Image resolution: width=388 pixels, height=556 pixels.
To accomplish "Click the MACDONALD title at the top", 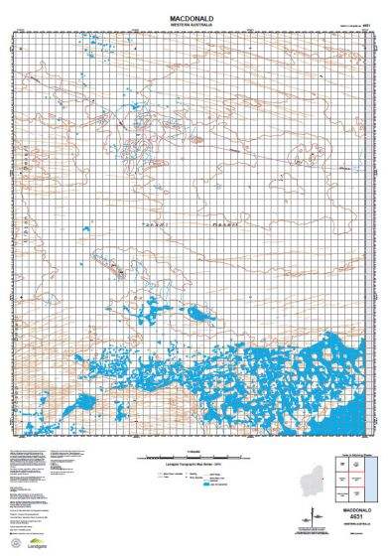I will pos(193,17).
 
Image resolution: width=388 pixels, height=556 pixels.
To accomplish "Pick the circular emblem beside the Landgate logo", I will pos(12,536).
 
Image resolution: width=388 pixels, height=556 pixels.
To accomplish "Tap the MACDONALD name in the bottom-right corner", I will pos(354,509).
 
